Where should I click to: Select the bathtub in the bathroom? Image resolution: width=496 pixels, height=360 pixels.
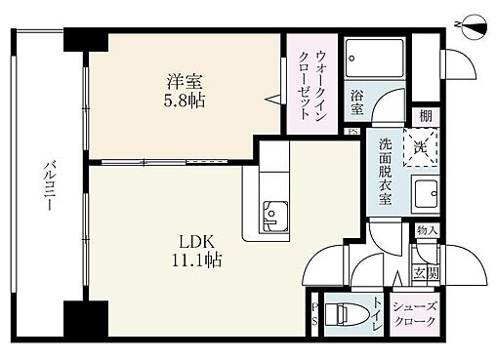[x=374, y=56]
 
